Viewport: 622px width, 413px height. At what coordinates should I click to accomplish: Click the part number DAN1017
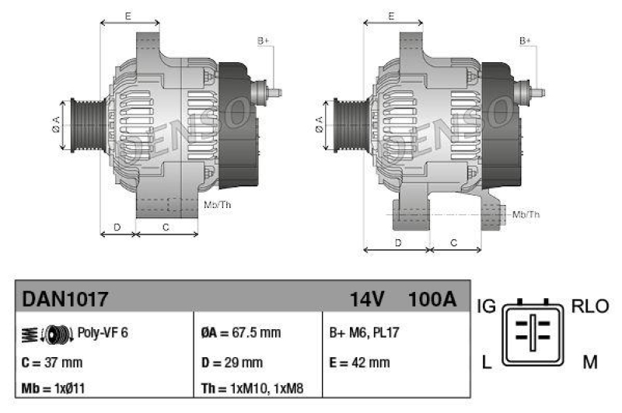65,298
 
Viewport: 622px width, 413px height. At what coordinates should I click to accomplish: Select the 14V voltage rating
367,298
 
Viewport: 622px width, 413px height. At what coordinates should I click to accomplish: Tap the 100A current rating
432,298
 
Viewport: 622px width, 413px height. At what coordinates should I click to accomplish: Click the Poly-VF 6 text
103,333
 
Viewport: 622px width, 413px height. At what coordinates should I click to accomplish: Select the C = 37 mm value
52,362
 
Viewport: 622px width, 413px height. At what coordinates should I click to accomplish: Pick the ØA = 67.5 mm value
241,333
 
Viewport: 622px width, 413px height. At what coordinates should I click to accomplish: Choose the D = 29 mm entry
232,362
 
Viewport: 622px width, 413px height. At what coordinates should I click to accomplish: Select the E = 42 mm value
360,362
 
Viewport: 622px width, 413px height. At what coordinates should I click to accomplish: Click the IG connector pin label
486,306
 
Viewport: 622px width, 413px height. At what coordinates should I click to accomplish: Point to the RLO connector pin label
590,306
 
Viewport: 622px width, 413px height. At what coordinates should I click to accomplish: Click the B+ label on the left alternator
263,40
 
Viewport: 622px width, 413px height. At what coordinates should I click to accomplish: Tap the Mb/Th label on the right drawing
527,214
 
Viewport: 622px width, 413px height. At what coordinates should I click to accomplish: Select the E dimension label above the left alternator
128,15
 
